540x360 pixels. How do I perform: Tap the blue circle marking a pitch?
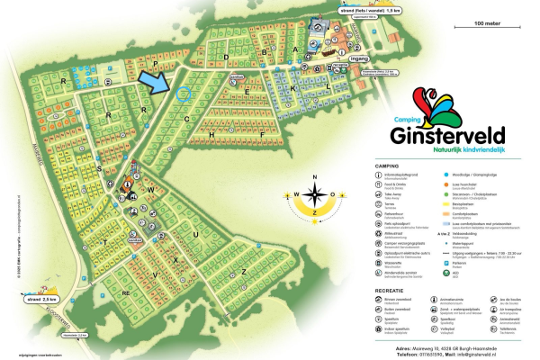tap(184, 93)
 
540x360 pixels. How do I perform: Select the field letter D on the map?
tap(227, 56)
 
